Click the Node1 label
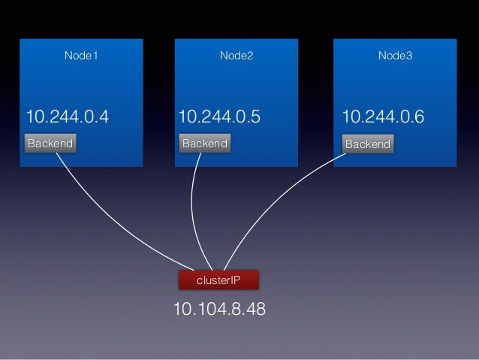tap(82, 56)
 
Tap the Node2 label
tap(236, 56)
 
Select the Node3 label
tap(395, 56)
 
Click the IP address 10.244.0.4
tap(68, 117)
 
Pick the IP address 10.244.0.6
tap(383, 117)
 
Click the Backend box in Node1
tap(50, 143)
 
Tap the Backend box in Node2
tap(204, 143)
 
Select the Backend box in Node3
tap(367, 144)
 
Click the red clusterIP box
tap(218, 280)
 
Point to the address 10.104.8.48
tap(218, 310)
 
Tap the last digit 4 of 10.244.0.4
tap(104, 117)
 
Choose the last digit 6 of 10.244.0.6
tap(419, 117)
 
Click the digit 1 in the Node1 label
tap(95, 56)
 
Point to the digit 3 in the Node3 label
tap(408, 56)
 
